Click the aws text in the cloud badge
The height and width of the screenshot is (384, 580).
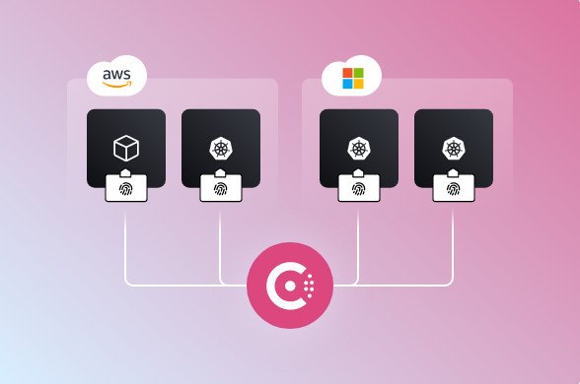[117, 73]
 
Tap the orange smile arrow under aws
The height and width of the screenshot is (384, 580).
[117, 84]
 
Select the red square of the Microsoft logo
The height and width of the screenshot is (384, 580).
[347, 73]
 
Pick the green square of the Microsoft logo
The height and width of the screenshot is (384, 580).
[358, 73]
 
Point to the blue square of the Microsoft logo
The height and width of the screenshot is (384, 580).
[347, 84]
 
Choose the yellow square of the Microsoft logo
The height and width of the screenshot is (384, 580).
[358, 84]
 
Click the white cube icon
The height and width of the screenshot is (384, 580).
[126, 148]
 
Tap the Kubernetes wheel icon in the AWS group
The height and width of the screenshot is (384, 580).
[221, 149]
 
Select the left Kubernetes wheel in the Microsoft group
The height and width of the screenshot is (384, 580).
[359, 149]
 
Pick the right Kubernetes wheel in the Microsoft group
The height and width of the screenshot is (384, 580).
[454, 149]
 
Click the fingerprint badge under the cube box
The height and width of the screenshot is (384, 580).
[126, 186]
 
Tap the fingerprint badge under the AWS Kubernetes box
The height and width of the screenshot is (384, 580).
[221, 186]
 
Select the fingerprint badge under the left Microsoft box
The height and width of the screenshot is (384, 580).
[359, 186]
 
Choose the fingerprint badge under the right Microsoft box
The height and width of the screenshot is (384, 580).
[454, 186]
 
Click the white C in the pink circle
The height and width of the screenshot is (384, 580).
[285, 286]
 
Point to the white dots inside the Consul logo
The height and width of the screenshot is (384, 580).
[310, 286]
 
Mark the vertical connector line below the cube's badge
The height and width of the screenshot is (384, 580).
[126, 241]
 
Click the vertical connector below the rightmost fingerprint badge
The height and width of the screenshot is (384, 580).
[454, 241]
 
